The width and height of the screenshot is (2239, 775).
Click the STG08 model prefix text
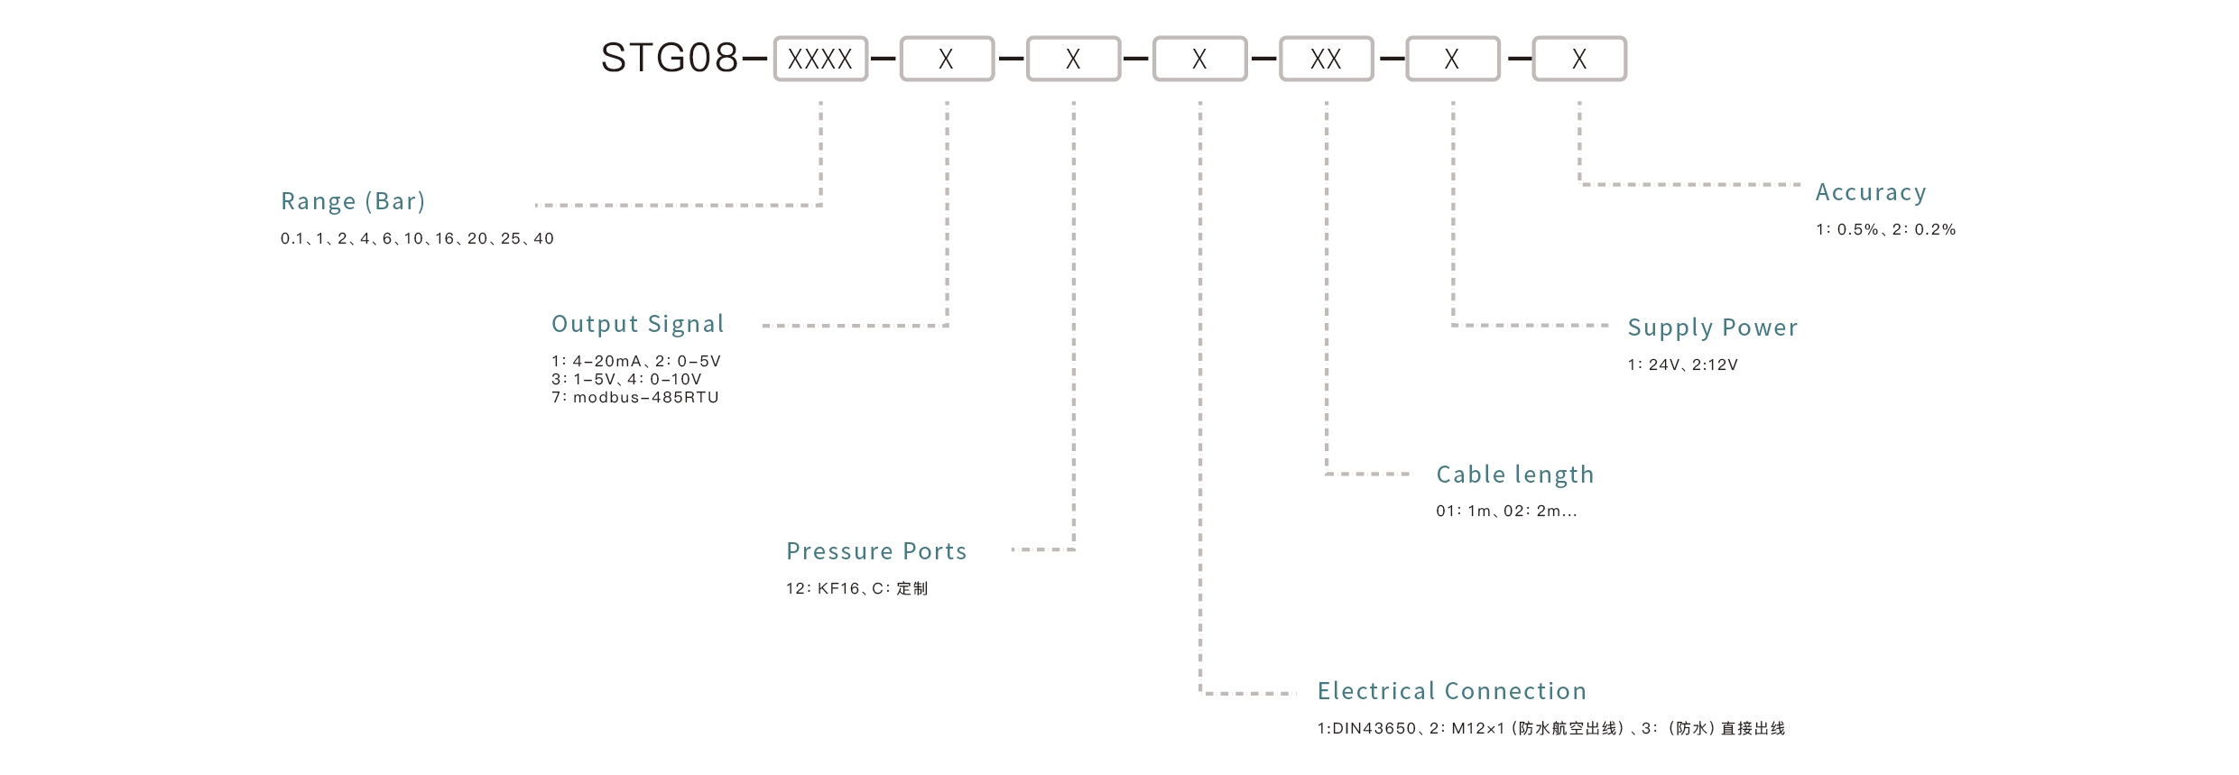click(x=670, y=59)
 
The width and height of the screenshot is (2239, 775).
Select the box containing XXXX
click(x=819, y=59)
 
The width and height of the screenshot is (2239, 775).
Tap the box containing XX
click(x=1326, y=59)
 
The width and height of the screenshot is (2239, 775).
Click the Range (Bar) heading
click(x=353, y=201)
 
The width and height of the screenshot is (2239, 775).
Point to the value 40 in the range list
click(x=543, y=239)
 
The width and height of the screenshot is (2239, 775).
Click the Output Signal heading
click(x=637, y=324)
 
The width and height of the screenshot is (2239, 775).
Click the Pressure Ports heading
click(x=876, y=551)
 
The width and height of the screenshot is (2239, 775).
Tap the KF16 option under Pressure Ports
click(x=838, y=589)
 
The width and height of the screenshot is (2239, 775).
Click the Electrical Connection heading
click(x=1451, y=691)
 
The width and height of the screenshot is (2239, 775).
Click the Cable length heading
click(x=1514, y=475)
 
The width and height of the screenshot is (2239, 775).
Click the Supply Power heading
click(x=1712, y=328)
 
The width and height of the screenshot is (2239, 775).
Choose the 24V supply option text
click(x=1664, y=365)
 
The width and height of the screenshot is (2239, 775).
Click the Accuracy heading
click(x=1871, y=192)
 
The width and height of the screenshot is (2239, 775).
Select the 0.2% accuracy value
click(x=1935, y=230)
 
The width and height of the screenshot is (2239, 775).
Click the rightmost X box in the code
click(x=1578, y=59)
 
